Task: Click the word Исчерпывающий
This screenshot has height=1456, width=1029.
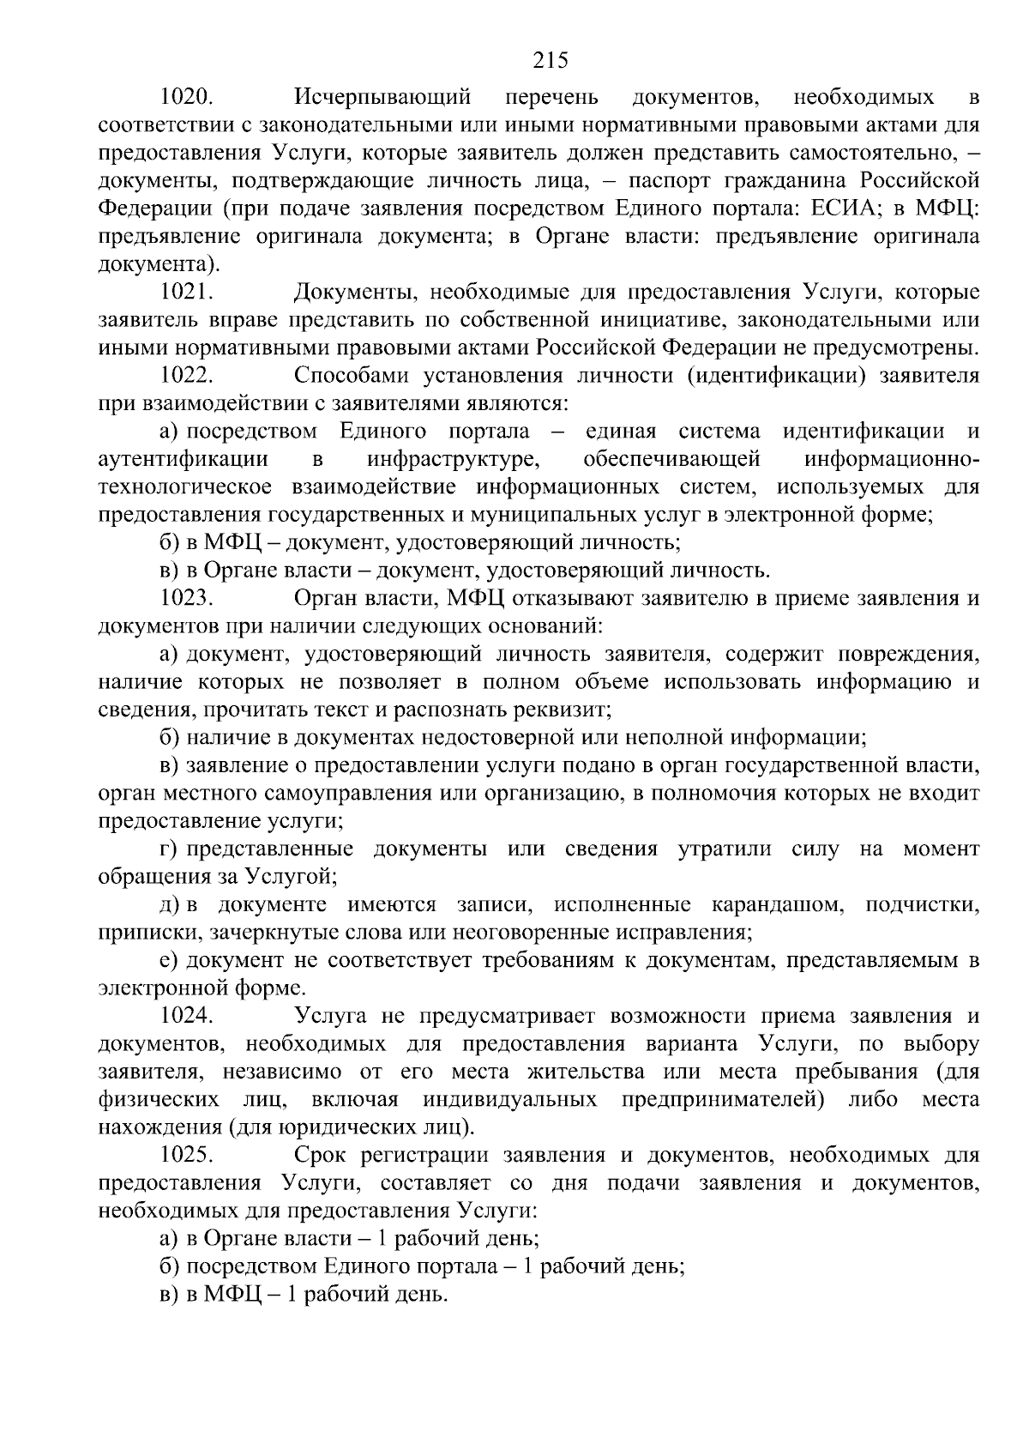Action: [x=383, y=96]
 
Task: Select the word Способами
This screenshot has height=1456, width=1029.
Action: [x=356, y=375]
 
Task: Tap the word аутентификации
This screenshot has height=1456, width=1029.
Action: [x=184, y=459]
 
